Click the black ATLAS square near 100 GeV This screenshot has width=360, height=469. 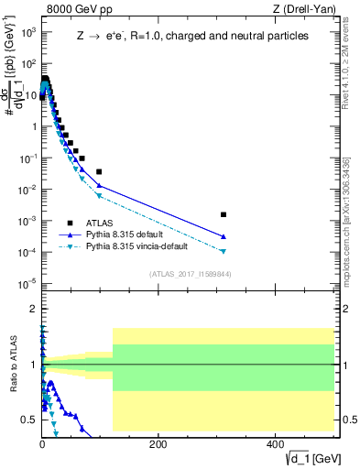99,171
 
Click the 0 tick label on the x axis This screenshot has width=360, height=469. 42,443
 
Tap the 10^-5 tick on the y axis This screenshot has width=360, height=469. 26,282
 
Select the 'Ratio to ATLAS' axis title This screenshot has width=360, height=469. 12,364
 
